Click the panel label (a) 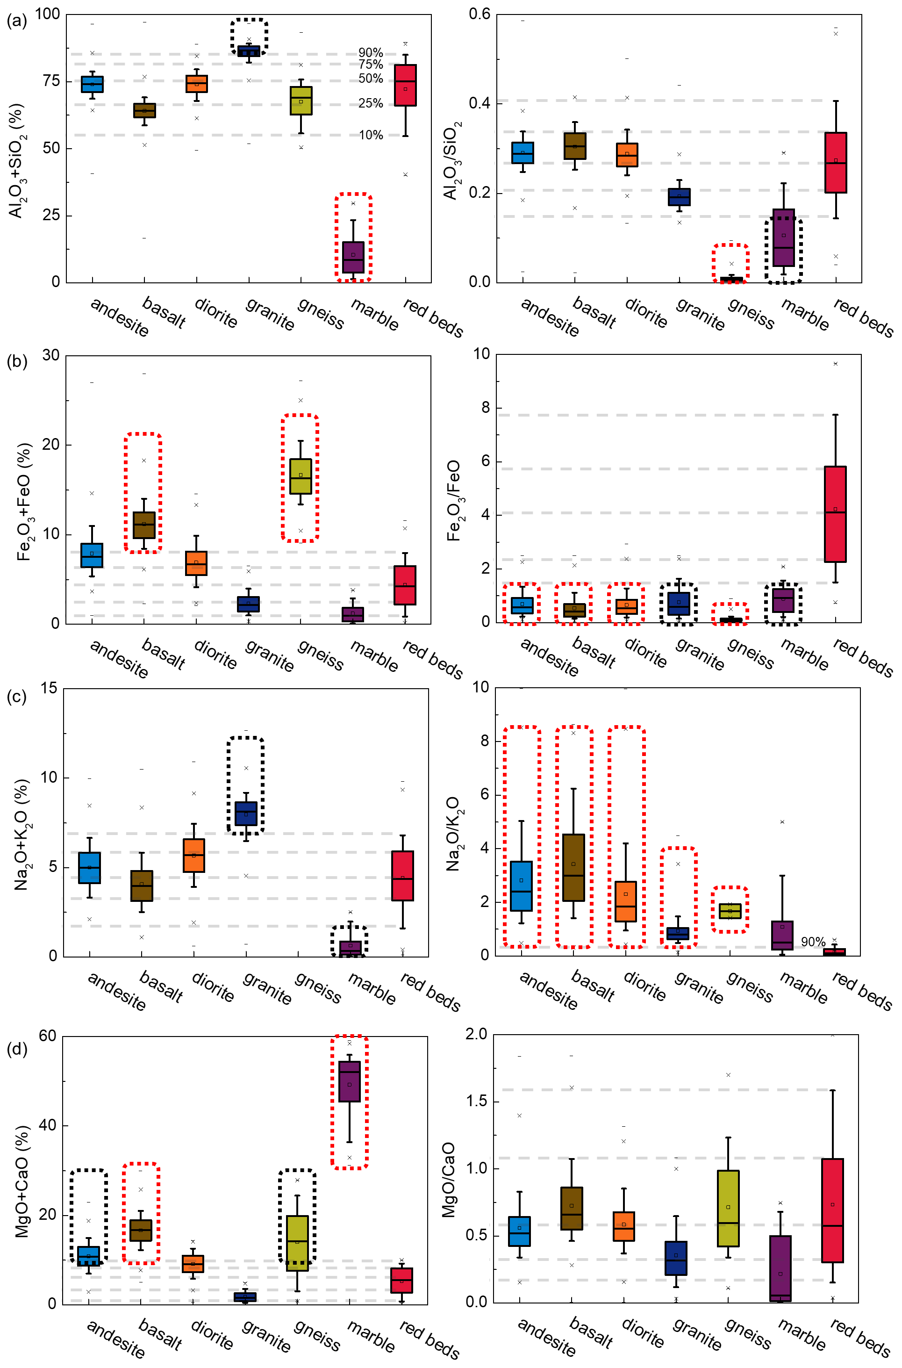[x=16, y=22]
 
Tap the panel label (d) [x=16, y=1049]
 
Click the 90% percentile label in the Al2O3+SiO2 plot [x=371, y=53]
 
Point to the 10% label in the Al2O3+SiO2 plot [x=371, y=135]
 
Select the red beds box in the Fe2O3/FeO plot [x=835, y=514]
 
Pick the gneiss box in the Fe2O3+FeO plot [x=301, y=476]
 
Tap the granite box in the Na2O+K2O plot [x=246, y=813]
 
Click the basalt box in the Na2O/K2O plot [x=573, y=867]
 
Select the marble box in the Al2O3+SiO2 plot [x=353, y=257]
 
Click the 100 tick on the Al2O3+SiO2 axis [x=48, y=14]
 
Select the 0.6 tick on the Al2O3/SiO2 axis [x=480, y=14]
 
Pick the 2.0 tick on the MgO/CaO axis [x=476, y=1034]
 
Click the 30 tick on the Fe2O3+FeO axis [x=51, y=355]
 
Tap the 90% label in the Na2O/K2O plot [x=813, y=942]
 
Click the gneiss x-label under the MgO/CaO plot [x=748, y=1333]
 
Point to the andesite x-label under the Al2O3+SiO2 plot [x=120, y=317]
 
